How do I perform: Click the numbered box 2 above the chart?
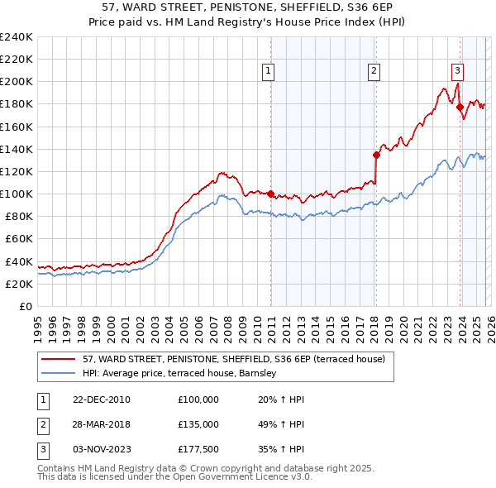374,72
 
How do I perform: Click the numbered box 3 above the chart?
457,72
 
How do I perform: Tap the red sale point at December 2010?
270,194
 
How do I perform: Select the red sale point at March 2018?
376,155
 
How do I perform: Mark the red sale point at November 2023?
460,107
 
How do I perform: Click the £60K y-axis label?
19,239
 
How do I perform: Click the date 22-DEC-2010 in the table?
101,399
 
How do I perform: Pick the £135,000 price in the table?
198,423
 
